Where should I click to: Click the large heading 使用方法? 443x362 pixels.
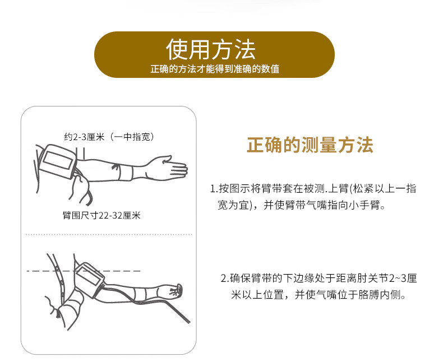click(x=211, y=50)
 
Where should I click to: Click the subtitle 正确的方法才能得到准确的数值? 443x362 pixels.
click(x=215, y=69)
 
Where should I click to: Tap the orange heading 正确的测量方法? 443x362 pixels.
click(x=310, y=145)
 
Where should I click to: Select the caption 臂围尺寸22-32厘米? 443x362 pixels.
click(x=101, y=215)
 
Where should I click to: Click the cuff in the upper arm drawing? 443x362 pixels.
click(x=58, y=161)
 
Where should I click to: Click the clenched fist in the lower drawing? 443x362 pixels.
click(x=174, y=290)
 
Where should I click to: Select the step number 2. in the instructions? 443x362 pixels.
click(x=224, y=279)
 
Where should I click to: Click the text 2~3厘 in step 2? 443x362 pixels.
click(x=400, y=279)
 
